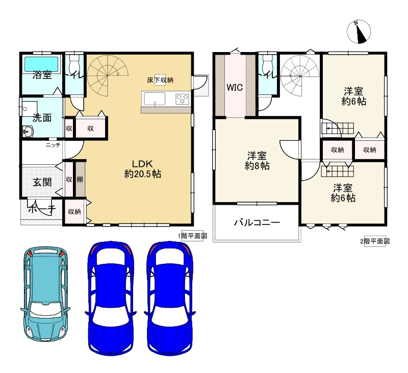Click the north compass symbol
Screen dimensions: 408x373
click(x=359, y=32)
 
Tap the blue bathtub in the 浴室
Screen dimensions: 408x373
click(x=41, y=64)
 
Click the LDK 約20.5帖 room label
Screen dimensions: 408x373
click(x=143, y=169)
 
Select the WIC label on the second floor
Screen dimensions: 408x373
click(x=235, y=87)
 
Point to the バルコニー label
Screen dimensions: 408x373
click(x=257, y=222)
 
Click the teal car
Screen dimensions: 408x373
click(x=45, y=294)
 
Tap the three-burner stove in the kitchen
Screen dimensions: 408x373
click(x=182, y=99)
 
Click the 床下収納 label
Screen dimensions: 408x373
click(x=160, y=80)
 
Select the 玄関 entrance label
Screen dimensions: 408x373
click(x=42, y=182)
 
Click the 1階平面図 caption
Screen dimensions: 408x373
click(x=192, y=236)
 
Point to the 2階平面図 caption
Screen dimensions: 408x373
click(x=375, y=241)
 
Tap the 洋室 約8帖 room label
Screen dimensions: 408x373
click(x=257, y=161)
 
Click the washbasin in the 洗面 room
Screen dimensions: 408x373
click(x=27, y=131)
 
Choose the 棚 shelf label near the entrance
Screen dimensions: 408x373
click(x=80, y=179)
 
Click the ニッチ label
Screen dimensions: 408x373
click(x=53, y=145)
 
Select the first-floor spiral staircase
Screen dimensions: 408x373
click(x=108, y=76)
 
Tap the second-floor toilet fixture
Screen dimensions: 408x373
click(x=267, y=62)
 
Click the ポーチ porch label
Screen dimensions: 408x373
click(x=42, y=209)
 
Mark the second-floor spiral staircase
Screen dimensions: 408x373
click(x=300, y=76)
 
